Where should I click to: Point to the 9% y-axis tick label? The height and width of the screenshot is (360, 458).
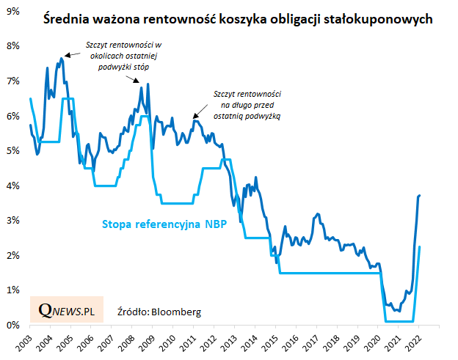click(12, 11)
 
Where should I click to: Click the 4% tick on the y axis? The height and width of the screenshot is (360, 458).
click(12, 185)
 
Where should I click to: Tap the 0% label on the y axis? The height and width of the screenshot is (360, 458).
click(12, 325)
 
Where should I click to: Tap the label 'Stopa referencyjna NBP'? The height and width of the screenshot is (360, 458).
click(162, 224)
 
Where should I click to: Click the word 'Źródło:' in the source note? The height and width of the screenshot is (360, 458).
click(133, 312)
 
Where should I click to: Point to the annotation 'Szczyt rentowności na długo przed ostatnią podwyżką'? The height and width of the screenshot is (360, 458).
click(247, 105)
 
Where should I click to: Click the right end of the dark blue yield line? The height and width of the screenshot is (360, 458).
click(419, 196)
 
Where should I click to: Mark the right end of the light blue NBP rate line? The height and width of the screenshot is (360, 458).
click(419, 247)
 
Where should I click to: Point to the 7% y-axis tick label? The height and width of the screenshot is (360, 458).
click(12, 81)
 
